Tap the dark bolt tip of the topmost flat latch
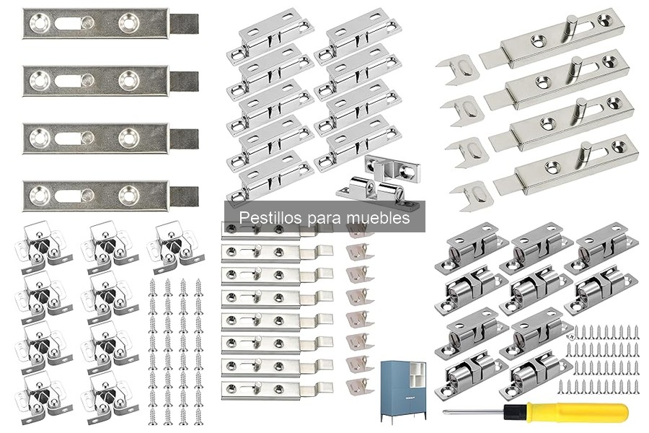(x=184, y=24)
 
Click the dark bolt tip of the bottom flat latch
(x=184, y=196)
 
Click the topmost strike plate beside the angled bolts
(x=458, y=69)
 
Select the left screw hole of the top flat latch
(x=40, y=23)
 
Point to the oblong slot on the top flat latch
(x=69, y=23)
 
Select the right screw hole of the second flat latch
(x=129, y=80)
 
